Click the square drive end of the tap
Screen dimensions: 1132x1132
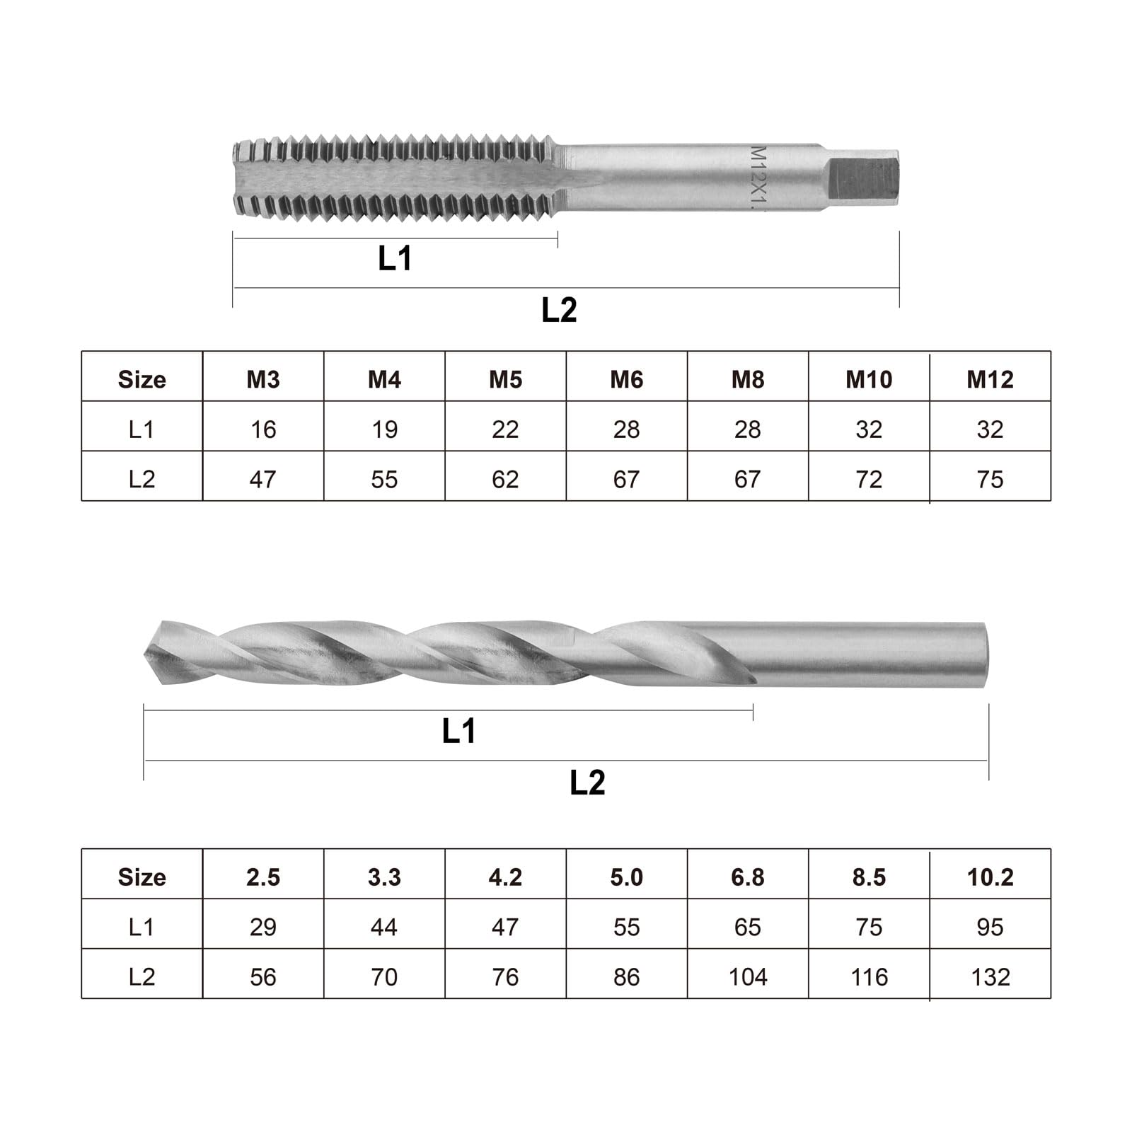pyautogui.click(x=863, y=180)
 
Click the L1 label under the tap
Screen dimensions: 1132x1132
pyautogui.click(x=395, y=259)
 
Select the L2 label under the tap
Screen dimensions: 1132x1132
pyautogui.click(x=559, y=311)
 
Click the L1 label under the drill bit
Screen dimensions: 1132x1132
pyautogui.click(x=458, y=731)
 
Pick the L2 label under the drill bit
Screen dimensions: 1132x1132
pyautogui.click(x=587, y=783)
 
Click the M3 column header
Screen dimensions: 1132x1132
pyautogui.click(x=263, y=380)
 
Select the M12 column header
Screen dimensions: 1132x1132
pyautogui.click(x=990, y=380)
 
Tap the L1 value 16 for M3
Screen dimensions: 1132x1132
pyautogui.click(x=263, y=429)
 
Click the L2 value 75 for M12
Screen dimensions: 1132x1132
pyautogui.click(x=990, y=480)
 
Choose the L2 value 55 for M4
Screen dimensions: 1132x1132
pyautogui.click(x=384, y=480)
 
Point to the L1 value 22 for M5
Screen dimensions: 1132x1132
pyautogui.click(x=505, y=429)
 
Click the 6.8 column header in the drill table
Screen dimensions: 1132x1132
pyautogui.click(x=748, y=877)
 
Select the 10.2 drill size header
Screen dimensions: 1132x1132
pyautogui.click(x=990, y=877)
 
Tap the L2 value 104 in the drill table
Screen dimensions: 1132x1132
pyautogui.click(x=748, y=977)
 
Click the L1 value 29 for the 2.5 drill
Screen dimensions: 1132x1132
pyautogui.click(x=263, y=927)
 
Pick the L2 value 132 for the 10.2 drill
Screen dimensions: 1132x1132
pyautogui.click(x=990, y=977)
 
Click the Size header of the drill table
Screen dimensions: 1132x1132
pyautogui.click(x=141, y=877)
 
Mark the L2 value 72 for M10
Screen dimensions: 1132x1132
pyautogui.click(x=869, y=480)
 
